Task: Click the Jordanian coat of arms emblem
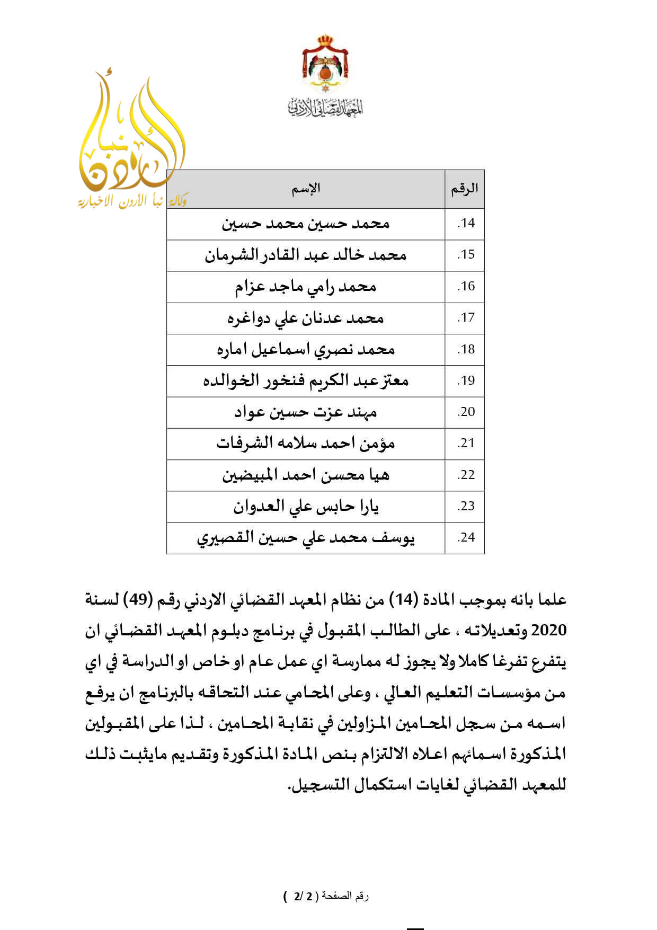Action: click(325, 64)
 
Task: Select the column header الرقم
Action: click(464, 189)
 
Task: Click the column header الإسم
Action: click(306, 189)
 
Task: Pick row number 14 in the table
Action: click(466, 224)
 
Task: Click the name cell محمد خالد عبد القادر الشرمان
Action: click(306, 255)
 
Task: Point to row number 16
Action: click(466, 287)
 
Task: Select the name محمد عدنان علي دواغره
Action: click(306, 318)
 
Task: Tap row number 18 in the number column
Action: click(466, 350)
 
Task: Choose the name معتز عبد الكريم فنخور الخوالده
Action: click(306, 381)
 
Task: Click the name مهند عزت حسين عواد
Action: click(306, 412)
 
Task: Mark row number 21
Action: click(466, 444)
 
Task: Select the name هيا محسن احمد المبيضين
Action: click(306, 475)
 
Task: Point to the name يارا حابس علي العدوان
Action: click(306, 507)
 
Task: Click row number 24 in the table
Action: click(466, 538)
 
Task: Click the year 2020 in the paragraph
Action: click(549, 631)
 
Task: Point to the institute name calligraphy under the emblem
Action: click(325, 108)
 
